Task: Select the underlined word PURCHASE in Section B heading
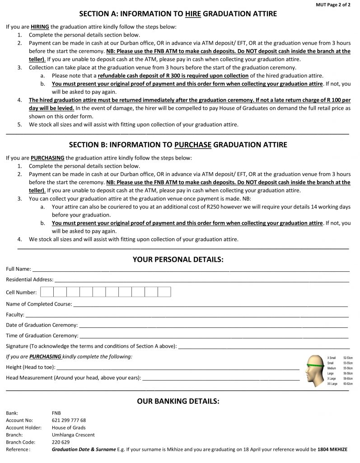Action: (193, 145)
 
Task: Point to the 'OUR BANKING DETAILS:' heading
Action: (178, 401)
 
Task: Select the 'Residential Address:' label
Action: (29, 280)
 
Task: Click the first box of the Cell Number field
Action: (47, 292)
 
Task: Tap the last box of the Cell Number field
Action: (164, 292)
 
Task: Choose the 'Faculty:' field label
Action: (15, 314)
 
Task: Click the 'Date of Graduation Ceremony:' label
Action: (42, 325)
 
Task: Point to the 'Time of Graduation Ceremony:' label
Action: (42, 336)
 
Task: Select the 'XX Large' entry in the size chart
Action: (332, 384)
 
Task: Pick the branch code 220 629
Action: (61, 442)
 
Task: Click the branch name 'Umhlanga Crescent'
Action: (73, 435)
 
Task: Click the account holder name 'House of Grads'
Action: (69, 427)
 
